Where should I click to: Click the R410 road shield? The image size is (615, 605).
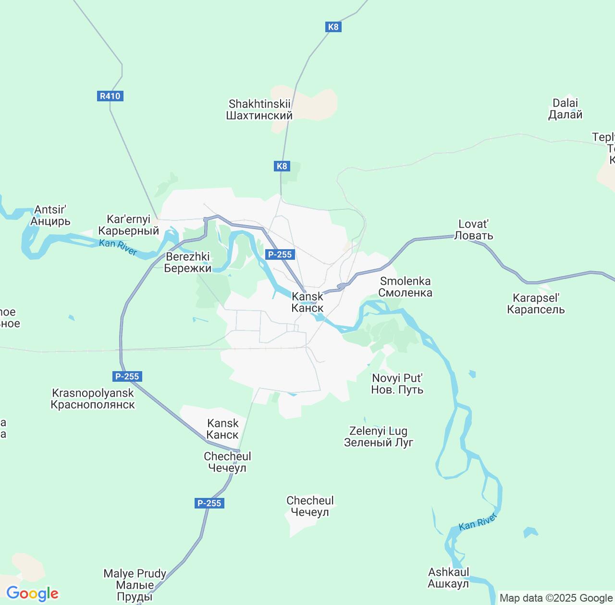tap(110, 96)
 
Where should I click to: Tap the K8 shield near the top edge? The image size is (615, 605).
tap(333, 27)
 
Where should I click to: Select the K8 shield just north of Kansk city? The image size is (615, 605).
tap(282, 166)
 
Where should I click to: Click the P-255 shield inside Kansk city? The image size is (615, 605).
tap(280, 254)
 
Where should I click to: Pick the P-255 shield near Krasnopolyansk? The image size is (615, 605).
tap(127, 376)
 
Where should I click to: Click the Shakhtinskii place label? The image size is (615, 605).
tap(259, 109)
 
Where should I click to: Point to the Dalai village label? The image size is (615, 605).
tap(566, 109)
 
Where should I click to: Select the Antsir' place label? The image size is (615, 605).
tap(50, 215)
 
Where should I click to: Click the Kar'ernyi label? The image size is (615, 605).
tap(128, 225)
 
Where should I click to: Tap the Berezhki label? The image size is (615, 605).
tap(187, 262)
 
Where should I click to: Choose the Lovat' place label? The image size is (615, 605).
tap(473, 230)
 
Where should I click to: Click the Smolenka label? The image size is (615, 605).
tap(405, 287)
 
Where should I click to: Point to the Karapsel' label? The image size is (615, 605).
tap(536, 303)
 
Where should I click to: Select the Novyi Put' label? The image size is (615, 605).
tap(397, 384)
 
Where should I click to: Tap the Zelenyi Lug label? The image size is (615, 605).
tap(378, 436)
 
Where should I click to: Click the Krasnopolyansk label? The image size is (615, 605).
tap(93, 399)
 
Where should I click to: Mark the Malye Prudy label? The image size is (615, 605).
tap(135, 585)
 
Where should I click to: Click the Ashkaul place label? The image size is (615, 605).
tap(448, 578)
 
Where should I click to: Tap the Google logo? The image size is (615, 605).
tap(32, 593)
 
